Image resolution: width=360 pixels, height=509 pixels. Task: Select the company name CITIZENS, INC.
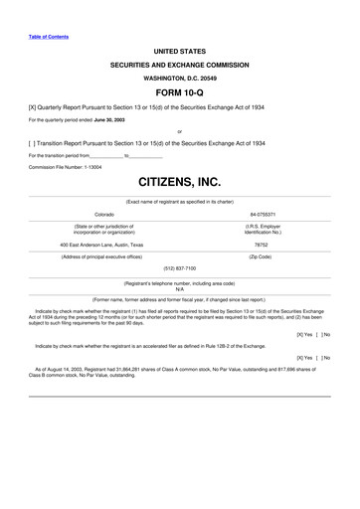click(179, 183)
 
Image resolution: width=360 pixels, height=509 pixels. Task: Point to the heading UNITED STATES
click(179, 49)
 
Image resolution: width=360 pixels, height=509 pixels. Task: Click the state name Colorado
click(104, 215)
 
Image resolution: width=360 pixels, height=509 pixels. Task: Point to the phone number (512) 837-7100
click(179, 267)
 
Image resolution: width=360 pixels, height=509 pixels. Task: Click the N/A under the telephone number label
click(179, 289)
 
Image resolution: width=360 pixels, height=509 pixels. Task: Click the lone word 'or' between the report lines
click(179, 131)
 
